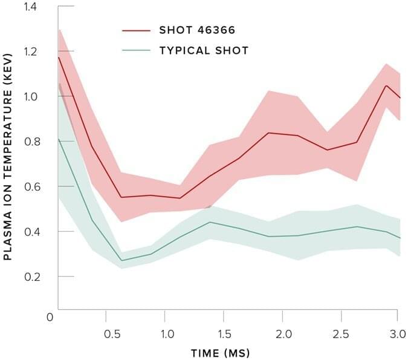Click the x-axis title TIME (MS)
(220, 353)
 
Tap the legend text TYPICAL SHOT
(204, 50)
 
